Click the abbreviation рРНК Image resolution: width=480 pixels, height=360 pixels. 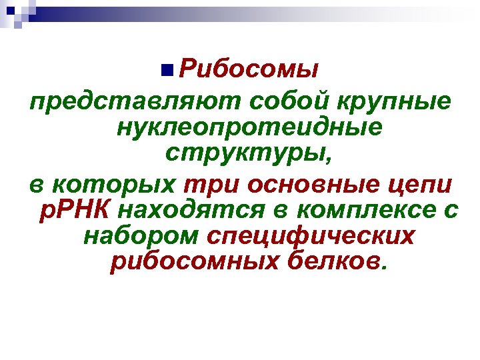[x=74, y=210]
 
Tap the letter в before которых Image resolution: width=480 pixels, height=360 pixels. [x=37, y=184]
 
